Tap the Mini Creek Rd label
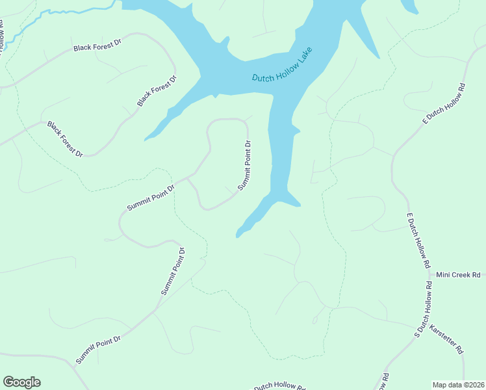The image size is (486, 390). [x=457, y=275]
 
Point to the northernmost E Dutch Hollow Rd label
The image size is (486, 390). [x=444, y=103]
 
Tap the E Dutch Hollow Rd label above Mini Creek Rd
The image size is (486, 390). [x=418, y=240]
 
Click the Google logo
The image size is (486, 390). [x=21, y=382]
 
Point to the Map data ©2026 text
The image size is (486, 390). [x=459, y=385]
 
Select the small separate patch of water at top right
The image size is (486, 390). [x=409, y=6]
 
